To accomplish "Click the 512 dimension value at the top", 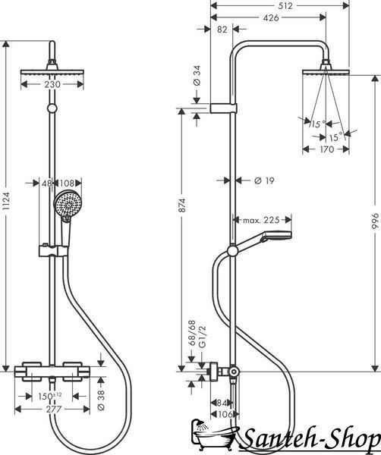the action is [x=285, y=6].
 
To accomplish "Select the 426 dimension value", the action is [x=271, y=18].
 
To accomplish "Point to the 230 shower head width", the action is [x=52, y=85].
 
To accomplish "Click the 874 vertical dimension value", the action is [x=182, y=206].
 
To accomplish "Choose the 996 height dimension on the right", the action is [x=376, y=221].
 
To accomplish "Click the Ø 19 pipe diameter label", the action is [x=264, y=180].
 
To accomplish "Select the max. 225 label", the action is [x=261, y=220].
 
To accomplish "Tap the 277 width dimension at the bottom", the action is [x=53, y=409].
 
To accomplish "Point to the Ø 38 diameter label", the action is [x=101, y=400].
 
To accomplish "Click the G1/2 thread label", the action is [x=203, y=336].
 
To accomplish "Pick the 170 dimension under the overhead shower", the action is [x=326, y=149].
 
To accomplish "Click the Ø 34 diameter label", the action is [x=197, y=75].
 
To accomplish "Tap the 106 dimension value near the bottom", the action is [x=225, y=414].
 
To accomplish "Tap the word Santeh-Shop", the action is [x=310, y=441].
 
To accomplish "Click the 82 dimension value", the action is [x=222, y=30].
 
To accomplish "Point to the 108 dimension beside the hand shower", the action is [x=67, y=184].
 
